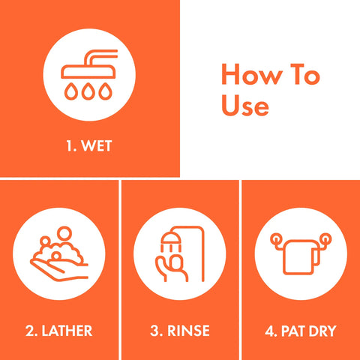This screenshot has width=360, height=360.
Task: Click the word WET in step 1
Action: click(97, 146)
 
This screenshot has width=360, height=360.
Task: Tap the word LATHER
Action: click(67, 331)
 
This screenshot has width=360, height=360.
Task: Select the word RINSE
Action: click(188, 331)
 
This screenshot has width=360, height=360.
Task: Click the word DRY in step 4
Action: click(322, 331)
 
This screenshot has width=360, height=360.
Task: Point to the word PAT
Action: click(293, 331)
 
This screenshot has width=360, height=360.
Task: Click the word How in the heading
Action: click(252, 74)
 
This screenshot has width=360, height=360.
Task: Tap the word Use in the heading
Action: click(245, 105)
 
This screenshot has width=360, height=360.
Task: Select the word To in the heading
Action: click(305, 74)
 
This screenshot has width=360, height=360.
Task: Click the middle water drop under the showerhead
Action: click(88, 91)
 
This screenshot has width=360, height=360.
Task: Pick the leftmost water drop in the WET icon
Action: click(71, 91)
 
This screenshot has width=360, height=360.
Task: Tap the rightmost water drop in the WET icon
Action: click(105, 91)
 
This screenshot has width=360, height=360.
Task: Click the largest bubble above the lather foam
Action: click(64, 233)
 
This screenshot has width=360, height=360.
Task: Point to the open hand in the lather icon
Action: click(59, 271)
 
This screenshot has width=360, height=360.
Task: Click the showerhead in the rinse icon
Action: click(170, 239)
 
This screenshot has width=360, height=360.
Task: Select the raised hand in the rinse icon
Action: click(171, 268)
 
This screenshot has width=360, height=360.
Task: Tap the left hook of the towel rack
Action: click(277, 239)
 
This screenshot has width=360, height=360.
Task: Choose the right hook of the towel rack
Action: click(325, 239)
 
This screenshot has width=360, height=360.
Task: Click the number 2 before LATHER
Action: click(30, 331)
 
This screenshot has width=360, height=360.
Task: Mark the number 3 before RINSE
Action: click(154, 331)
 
